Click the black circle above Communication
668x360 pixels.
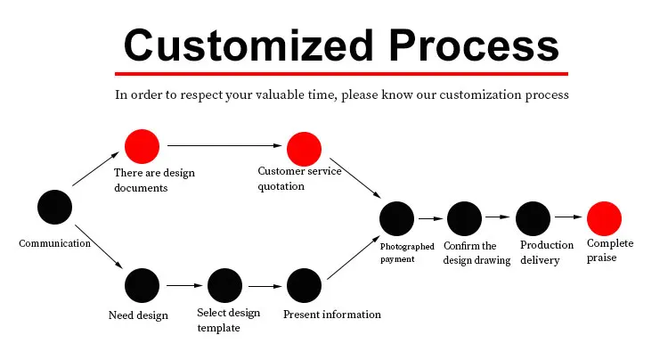54,207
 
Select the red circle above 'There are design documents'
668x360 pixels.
142,146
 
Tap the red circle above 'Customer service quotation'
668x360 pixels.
303,148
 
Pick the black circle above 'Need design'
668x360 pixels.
142,285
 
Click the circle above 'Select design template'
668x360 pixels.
224,285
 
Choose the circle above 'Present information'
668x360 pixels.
304,285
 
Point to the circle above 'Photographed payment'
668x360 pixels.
396,218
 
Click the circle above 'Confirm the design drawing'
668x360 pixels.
463,218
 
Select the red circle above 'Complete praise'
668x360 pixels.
603,218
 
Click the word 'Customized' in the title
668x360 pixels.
237,45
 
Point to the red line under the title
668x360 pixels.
341,73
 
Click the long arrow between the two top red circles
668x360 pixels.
223,145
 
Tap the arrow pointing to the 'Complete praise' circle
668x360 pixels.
567,217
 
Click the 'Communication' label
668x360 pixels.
55,242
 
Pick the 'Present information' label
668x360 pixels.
331,314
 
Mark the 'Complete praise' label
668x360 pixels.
609,250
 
